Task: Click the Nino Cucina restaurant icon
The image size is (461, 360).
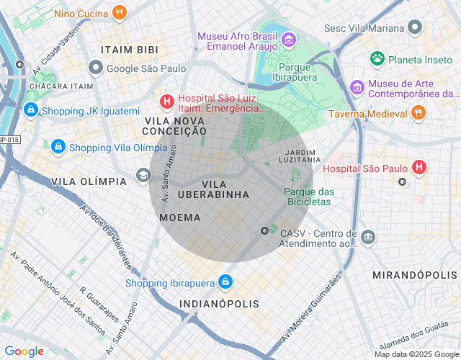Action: [x=120, y=12]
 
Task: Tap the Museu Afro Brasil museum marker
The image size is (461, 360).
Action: [x=288, y=39]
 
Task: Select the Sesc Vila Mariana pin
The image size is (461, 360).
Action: [x=414, y=28]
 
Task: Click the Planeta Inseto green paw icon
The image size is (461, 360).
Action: [x=377, y=58]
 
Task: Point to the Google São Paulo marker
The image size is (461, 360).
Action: [x=95, y=68]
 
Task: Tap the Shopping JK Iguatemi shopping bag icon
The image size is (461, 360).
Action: [x=30, y=110]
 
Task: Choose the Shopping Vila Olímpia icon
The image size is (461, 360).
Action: [x=58, y=147]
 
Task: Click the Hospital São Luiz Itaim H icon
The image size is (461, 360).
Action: [x=167, y=102]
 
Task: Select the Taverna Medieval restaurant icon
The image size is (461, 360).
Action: [x=418, y=112]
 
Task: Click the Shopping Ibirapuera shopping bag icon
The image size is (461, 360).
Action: [x=225, y=282]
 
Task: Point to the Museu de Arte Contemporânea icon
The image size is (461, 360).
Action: [x=357, y=87]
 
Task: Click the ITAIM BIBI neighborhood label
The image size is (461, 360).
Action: [x=129, y=50]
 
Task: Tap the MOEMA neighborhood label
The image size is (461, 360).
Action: [x=180, y=217]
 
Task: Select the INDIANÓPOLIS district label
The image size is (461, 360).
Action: [x=219, y=304]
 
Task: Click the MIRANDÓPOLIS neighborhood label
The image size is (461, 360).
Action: [x=414, y=275]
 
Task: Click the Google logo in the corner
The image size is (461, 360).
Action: [x=24, y=351]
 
